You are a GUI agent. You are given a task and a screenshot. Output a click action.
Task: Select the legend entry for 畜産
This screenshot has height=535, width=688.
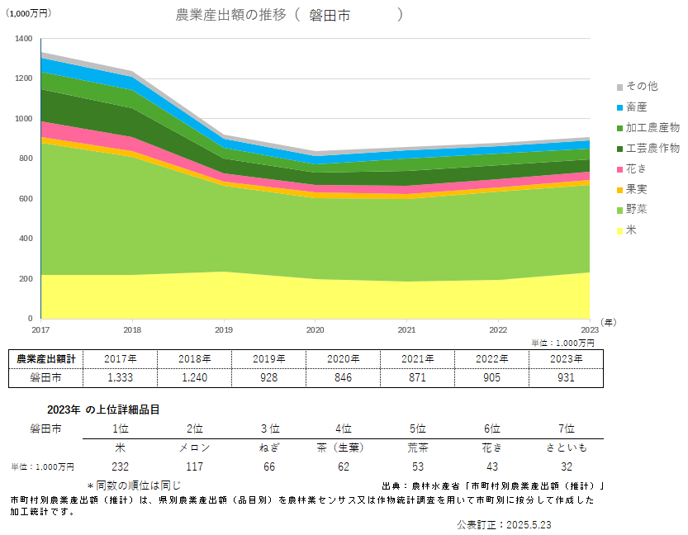(636, 107)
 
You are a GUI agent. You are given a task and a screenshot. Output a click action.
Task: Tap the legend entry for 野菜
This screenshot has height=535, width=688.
(636, 210)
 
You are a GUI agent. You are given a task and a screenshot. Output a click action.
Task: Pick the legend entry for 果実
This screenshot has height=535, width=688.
(636, 189)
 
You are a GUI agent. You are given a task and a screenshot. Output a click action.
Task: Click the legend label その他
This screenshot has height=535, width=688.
(641, 86)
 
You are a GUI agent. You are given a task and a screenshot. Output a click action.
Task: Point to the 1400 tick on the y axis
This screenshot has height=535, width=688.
(24, 39)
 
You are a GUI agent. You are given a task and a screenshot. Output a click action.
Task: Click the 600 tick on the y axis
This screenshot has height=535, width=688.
(26, 199)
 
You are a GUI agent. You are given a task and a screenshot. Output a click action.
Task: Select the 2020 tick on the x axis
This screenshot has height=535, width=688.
(315, 329)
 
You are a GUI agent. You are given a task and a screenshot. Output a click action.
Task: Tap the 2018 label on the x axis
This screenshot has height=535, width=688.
(131, 329)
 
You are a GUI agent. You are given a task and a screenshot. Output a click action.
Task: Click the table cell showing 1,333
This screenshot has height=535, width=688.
(120, 377)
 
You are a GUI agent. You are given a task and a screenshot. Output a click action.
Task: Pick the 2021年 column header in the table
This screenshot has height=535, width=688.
(418, 358)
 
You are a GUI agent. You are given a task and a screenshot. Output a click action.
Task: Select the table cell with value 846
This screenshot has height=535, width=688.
(344, 377)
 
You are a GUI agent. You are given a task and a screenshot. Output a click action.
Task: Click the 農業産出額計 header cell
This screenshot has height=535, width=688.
(46, 358)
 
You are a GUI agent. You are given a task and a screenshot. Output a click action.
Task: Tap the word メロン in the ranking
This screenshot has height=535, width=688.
(195, 447)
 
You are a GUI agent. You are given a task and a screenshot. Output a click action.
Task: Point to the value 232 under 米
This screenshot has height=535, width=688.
(120, 466)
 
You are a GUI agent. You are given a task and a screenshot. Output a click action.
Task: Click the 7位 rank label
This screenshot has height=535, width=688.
(566, 428)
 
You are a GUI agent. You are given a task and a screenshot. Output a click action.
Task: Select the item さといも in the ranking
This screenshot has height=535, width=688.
(566, 447)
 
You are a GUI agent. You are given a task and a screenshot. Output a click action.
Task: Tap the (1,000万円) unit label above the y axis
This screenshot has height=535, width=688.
(28, 13)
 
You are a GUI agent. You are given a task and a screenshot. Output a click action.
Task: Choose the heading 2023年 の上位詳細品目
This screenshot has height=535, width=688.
(103, 410)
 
